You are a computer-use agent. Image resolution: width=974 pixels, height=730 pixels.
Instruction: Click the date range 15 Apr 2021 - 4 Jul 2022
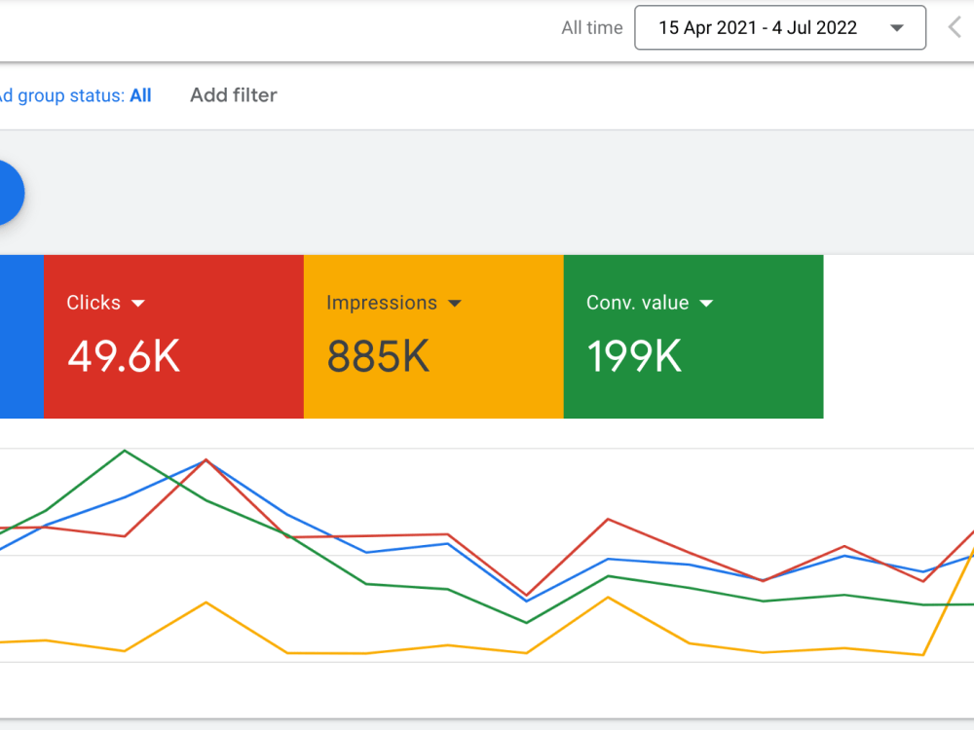[x=758, y=28]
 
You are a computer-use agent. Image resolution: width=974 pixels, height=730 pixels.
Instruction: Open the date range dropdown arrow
[x=896, y=28]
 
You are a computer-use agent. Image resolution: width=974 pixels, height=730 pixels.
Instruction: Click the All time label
[x=592, y=28]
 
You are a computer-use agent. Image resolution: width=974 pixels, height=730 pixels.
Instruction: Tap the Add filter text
[x=234, y=95]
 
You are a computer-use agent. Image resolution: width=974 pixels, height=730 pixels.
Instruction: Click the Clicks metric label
[x=94, y=303]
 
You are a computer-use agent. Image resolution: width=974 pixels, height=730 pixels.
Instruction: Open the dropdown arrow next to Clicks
[x=138, y=303]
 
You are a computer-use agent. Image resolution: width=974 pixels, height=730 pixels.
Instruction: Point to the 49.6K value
[x=124, y=356]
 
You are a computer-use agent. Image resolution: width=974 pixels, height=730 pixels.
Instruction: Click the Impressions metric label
[x=382, y=303]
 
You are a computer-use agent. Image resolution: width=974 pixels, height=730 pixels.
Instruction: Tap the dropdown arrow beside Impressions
[x=455, y=303]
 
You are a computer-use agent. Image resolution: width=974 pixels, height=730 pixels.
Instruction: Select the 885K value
[x=378, y=356]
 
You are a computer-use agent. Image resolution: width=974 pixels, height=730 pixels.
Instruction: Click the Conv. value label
[x=637, y=303]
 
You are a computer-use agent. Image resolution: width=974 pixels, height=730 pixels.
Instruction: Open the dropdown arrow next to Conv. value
[x=706, y=303]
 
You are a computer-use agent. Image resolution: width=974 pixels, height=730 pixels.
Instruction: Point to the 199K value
[x=634, y=356]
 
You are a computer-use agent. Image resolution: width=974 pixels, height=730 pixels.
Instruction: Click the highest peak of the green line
[x=125, y=451]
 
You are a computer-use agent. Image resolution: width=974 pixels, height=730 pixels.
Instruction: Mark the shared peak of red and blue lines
[x=206, y=460]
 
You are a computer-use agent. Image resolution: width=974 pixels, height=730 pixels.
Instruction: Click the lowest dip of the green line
[x=527, y=623]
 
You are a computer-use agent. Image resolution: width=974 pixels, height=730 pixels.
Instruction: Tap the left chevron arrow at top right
[x=955, y=27]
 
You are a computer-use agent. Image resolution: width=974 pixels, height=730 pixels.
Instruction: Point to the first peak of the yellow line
[x=206, y=602]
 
